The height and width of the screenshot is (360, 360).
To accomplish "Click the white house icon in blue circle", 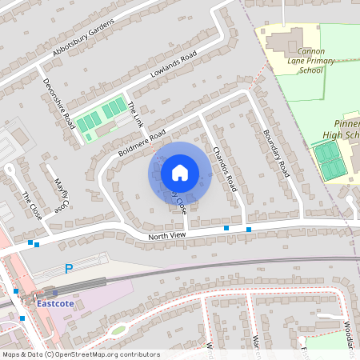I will pos(180,172).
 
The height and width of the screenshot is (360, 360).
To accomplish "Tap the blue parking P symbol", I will pos(69,269).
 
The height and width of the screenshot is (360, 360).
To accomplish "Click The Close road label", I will pos(32,206).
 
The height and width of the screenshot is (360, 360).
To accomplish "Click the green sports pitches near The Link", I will pos(102,116).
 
